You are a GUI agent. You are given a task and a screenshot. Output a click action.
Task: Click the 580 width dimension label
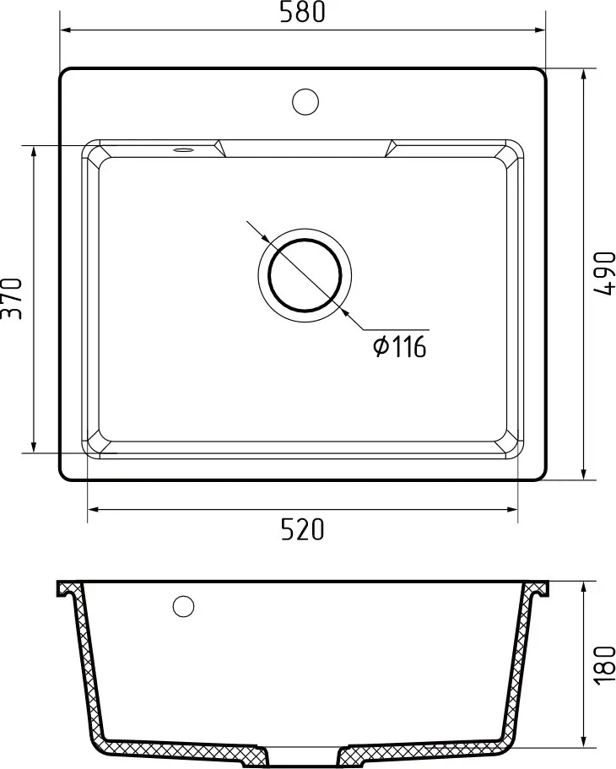point(302,13)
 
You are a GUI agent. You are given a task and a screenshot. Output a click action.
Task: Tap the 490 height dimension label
point(604,273)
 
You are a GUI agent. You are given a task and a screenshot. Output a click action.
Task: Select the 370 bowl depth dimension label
point(12,299)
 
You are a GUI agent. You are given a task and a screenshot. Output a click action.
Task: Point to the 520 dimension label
point(303,529)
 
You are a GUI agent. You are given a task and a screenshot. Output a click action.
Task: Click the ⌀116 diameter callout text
point(400,347)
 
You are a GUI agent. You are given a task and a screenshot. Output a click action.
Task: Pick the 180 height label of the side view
point(604,664)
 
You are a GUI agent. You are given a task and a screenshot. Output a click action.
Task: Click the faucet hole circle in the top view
point(305,102)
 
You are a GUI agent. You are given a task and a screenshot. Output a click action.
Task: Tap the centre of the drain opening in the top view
point(305,275)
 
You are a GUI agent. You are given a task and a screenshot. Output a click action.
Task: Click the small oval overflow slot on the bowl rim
point(183,149)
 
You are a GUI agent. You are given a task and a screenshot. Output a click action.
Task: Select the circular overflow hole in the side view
point(183,606)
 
